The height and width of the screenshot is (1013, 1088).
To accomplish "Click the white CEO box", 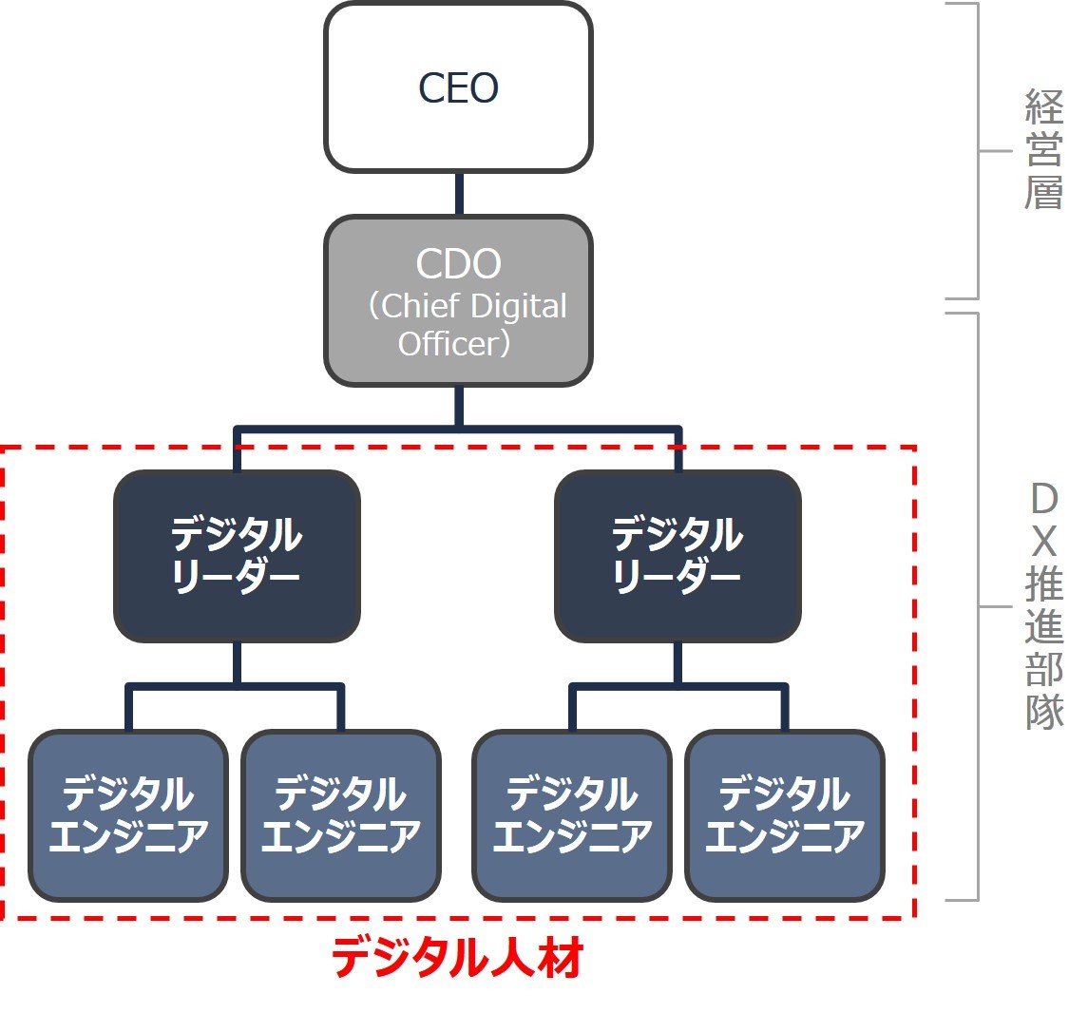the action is point(458,87).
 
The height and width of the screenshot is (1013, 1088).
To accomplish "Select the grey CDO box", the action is point(458,300).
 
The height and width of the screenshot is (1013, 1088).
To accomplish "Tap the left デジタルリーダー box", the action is point(237,556).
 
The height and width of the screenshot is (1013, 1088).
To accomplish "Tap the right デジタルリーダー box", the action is point(678,556).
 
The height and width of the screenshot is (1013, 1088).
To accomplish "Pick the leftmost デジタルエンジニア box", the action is point(128,815).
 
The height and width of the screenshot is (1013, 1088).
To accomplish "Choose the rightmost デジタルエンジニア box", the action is point(785,815).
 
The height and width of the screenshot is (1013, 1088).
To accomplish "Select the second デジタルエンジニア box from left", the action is point(341,815).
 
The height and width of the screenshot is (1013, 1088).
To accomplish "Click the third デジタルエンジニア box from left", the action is point(572,815).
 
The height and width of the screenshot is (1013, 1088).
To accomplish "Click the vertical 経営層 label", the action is point(1043,150).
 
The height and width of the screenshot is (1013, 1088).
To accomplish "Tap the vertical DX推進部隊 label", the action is point(1044,605).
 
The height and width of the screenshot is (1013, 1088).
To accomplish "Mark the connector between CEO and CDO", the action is point(459,194).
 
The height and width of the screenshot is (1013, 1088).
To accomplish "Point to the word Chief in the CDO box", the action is point(420,305).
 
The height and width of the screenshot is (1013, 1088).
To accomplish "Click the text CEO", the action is point(458,87).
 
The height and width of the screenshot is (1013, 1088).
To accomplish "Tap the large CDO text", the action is point(458,263).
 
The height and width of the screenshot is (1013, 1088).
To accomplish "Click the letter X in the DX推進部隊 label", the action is point(1044,542).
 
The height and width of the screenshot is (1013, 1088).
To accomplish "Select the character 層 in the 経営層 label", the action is point(1043,192).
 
